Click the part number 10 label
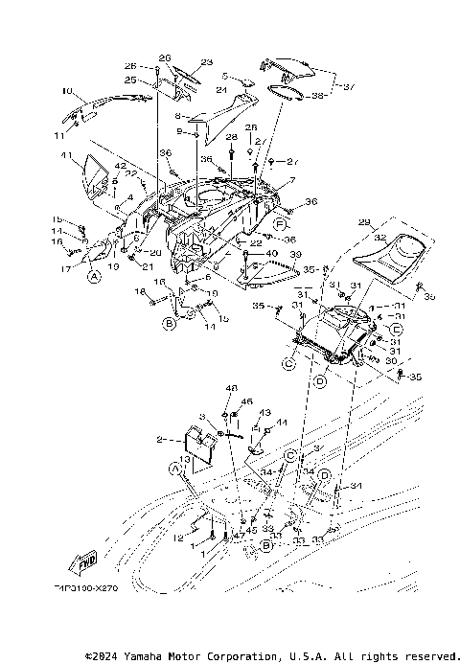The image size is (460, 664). tap(67, 92)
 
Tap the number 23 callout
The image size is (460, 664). tap(206, 62)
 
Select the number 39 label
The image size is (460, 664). tap(296, 254)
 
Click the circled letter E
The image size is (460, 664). tap(370, 328)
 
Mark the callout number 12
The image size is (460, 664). tap(178, 538)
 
